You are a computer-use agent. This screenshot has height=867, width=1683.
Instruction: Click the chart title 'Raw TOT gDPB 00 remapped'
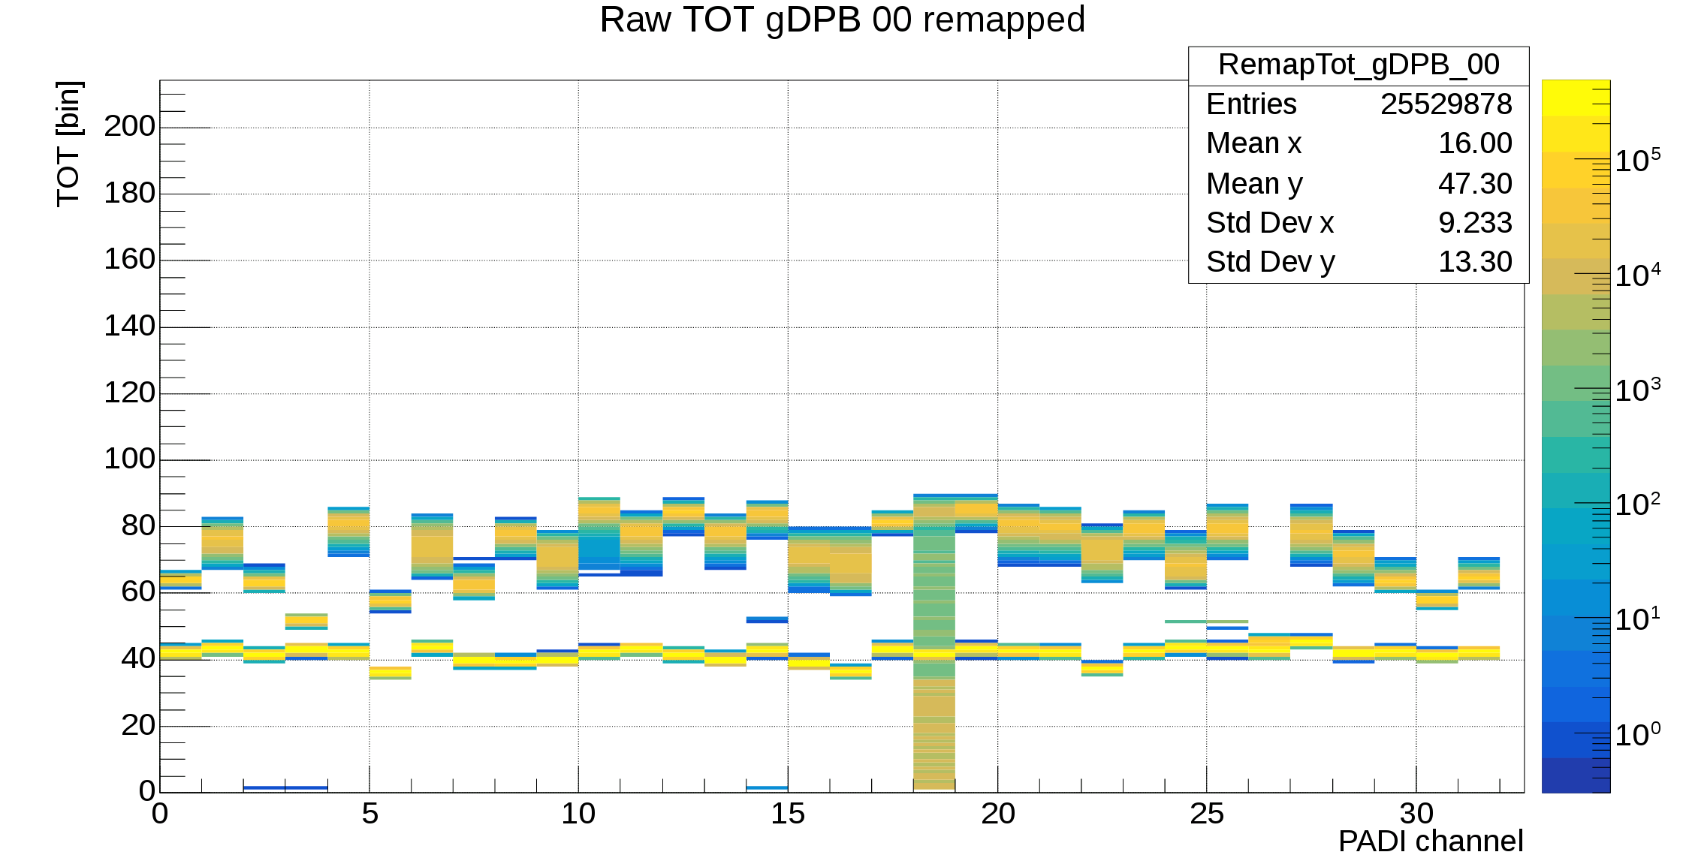click(x=842, y=20)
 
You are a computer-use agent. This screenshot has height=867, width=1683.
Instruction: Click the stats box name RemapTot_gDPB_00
click(x=1359, y=65)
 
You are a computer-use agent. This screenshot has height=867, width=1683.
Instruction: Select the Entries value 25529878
click(x=1446, y=104)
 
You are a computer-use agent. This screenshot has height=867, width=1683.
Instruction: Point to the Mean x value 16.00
click(x=1474, y=143)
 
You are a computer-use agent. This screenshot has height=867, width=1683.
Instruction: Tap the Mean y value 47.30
click(x=1474, y=184)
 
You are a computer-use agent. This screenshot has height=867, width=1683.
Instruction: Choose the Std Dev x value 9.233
click(x=1474, y=223)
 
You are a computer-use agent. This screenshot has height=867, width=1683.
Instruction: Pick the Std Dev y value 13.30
click(x=1474, y=262)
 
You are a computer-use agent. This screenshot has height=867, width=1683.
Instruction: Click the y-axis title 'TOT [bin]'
click(x=69, y=143)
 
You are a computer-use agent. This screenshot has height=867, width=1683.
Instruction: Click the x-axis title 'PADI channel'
click(x=1430, y=841)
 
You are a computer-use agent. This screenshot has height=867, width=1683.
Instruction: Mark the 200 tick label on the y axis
click(x=129, y=126)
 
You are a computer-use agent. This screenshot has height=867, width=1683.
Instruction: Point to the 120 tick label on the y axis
click(x=129, y=393)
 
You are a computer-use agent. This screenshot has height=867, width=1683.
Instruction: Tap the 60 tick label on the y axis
click(x=137, y=592)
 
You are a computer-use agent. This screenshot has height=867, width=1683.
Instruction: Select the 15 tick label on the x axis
click(x=788, y=814)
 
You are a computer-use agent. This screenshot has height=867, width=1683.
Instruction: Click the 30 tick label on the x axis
click(x=1416, y=814)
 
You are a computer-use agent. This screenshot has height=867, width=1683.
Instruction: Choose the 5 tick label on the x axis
click(x=369, y=814)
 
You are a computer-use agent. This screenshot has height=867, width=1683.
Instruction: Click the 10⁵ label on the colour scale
click(x=1637, y=161)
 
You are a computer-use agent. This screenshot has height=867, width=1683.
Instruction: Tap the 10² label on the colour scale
click(x=1637, y=504)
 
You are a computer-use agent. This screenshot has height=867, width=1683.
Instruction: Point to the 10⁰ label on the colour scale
click(x=1637, y=734)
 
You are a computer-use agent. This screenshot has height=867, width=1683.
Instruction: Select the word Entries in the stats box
click(x=1251, y=104)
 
